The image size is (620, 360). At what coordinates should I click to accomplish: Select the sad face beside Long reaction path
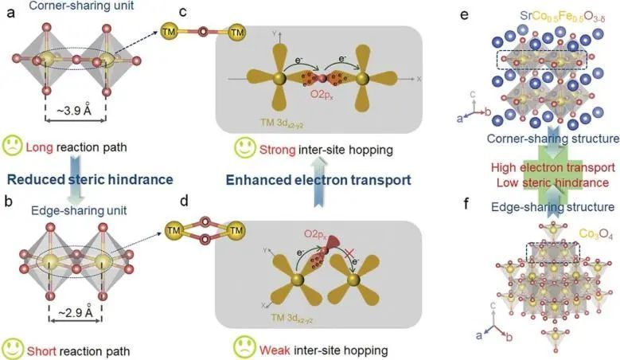[13, 147]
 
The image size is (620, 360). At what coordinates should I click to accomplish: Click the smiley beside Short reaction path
[13, 348]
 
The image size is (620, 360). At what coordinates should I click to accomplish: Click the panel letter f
[475, 213]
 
